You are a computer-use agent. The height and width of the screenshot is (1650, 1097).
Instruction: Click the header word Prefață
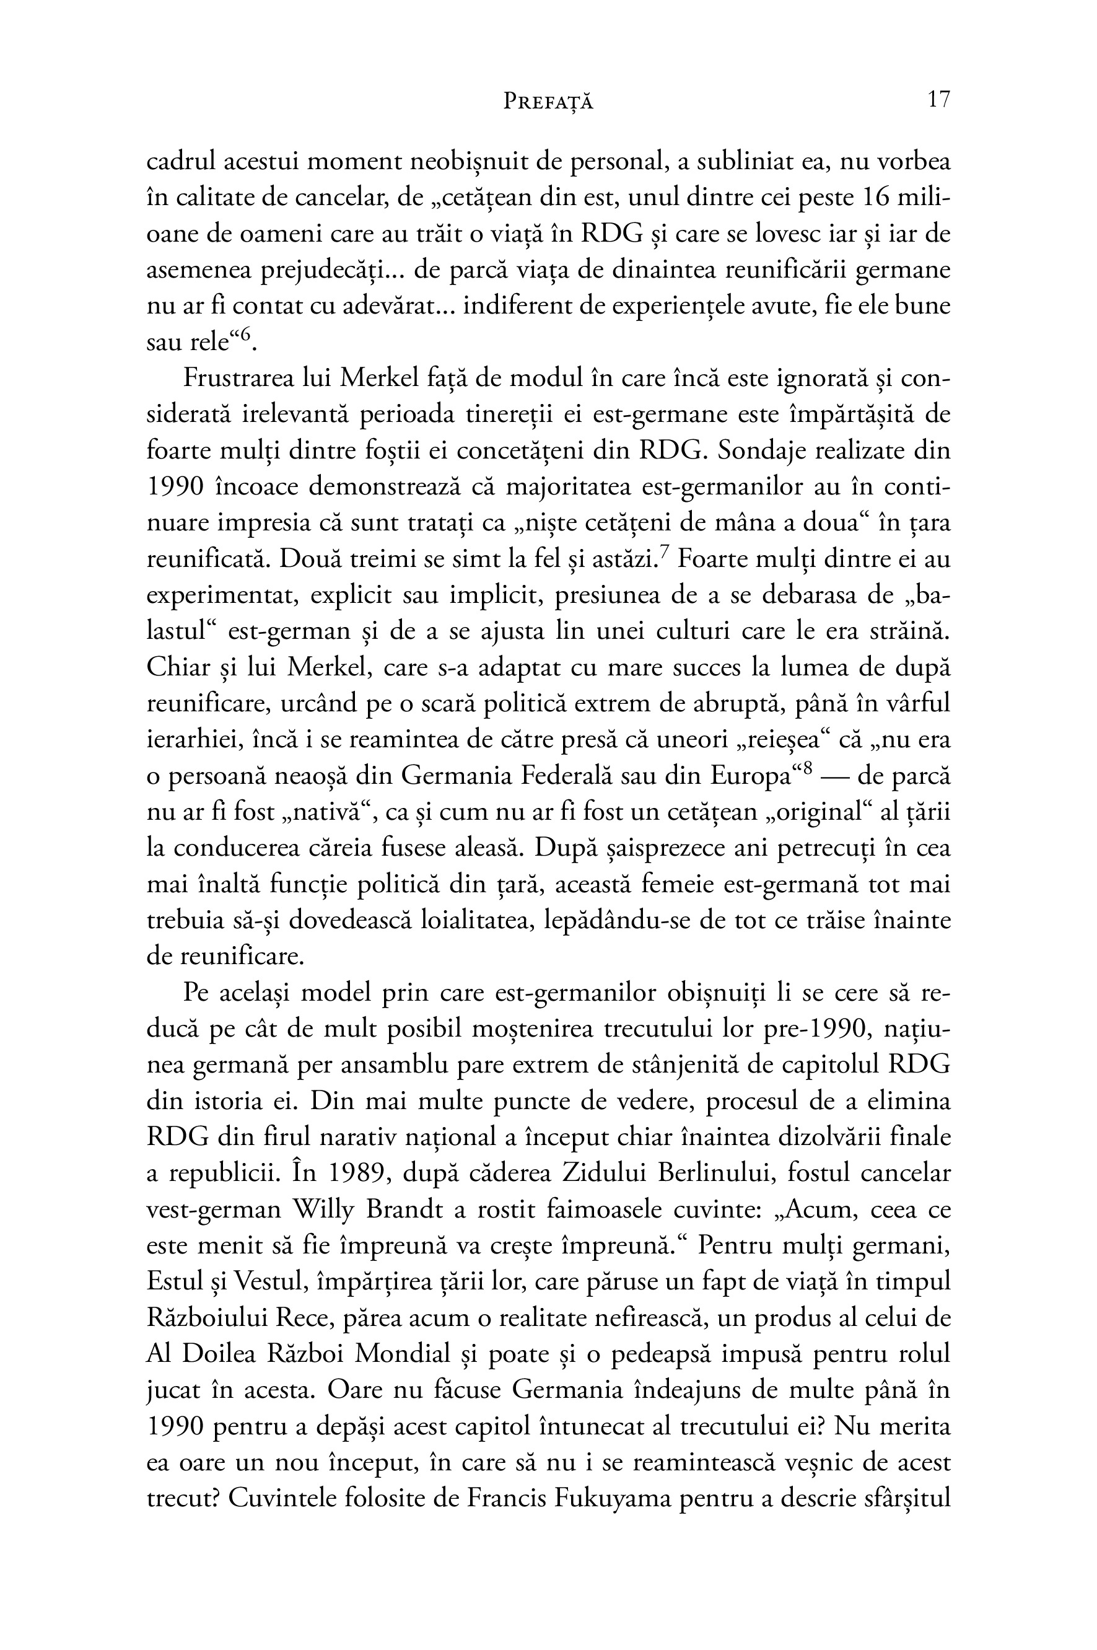(548, 102)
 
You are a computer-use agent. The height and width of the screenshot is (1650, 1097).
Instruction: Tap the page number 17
(938, 100)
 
